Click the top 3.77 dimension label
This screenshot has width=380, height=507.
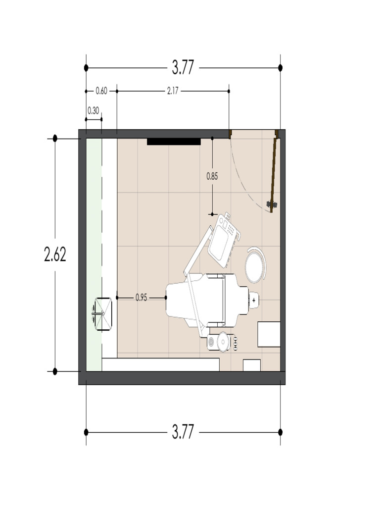[x=183, y=67]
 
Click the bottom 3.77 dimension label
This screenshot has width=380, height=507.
[x=183, y=432]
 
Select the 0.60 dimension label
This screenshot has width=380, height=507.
[x=101, y=91]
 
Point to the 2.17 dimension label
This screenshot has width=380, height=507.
[x=173, y=91]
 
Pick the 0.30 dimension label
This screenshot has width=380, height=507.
[x=93, y=111]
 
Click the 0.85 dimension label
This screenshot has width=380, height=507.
[x=212, y=177]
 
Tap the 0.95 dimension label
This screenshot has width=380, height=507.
[x=141, y=298]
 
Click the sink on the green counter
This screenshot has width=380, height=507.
[x=102, y=314]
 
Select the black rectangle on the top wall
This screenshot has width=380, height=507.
[x=174, y=142]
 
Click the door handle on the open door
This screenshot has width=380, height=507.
[x=272, y=204]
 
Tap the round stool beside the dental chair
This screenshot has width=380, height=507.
[x=255, y=265]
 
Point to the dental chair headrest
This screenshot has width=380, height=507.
[x=254, y=301]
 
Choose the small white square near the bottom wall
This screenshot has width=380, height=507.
[x=252, y=365]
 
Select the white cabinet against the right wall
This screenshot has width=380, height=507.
[x=269, y=334]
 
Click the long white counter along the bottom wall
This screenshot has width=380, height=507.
[x=161, y=365]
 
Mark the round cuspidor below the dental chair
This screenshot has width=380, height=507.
[x=223, y=342]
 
